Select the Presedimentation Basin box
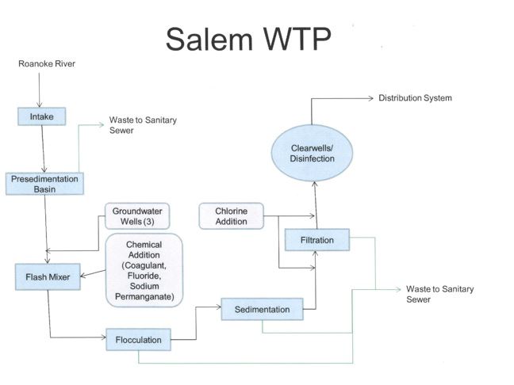pos(44,184)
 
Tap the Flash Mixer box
pos(45,276)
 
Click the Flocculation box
pos(138,341)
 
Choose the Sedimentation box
pos(262,309)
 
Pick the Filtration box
pos(316,239)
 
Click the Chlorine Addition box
pos(231,215)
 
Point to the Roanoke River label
pos(47,64)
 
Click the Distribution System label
pos(415,98)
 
